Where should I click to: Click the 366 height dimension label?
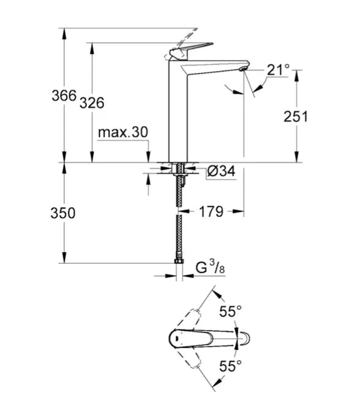click(64, 96)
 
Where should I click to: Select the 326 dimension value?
click(92, 103)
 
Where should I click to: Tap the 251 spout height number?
click(296, 117)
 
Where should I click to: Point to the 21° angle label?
click(278, 70)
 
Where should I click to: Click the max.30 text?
click(123, 132)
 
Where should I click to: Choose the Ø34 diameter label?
click(221, 171)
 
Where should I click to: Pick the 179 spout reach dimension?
click(211, 211)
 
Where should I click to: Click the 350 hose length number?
click(63, 213)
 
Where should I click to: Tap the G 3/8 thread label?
click(210, 268)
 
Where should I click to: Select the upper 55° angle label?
click(231, 311)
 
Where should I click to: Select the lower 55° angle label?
click(231, 366)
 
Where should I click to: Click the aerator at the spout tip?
click(243, 69)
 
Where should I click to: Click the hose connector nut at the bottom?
click(179, 261)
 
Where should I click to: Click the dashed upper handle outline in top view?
click(189, 320)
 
